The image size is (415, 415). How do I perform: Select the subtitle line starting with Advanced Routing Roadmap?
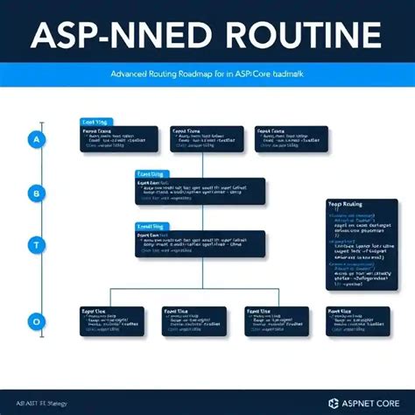[x=207, y=76]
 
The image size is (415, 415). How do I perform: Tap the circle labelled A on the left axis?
[x=36, y=139]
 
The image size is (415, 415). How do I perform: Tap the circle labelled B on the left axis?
[x=36, y=193]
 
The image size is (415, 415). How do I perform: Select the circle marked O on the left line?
[x=36, y=322]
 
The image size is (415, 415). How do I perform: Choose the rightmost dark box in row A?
[x=292, y=140]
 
